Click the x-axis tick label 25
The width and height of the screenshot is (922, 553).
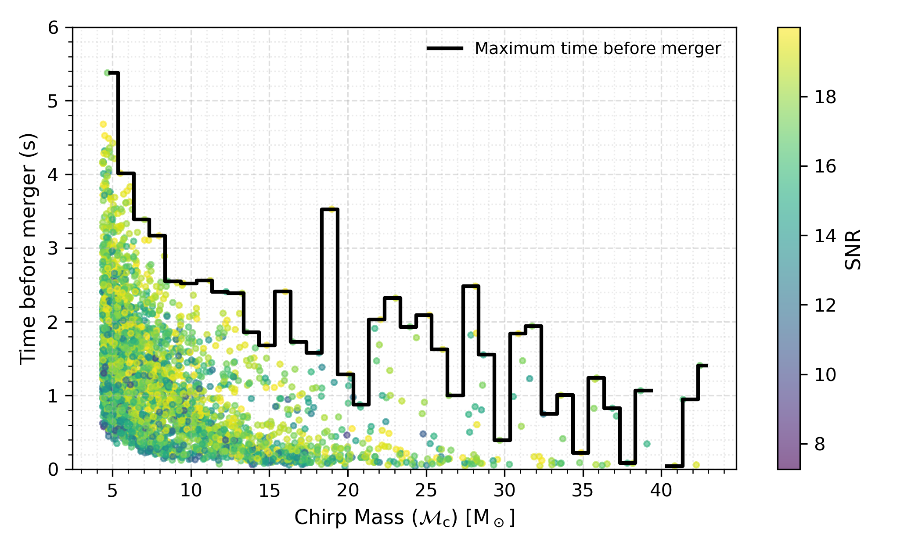[x=426, y=490]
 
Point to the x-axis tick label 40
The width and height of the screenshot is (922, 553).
[x=661, y=490]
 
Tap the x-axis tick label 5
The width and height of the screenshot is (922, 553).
[x=112, y=490]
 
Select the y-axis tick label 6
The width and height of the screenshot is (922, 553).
[x=53, y=28]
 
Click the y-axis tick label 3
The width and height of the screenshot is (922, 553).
[x=53, y=248]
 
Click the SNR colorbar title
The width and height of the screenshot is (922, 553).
[x=853, y=249]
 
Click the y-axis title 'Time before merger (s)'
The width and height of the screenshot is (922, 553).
[x=28, y=249]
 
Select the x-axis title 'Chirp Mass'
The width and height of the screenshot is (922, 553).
[x=404, y=518]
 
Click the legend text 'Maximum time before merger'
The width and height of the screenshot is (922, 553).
[x=598, y=49]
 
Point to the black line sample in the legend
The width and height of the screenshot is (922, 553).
[x=444, y=49]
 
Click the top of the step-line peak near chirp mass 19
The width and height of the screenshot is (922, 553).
[x=330, y=209]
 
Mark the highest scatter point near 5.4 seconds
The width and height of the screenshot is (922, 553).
[x=107, y=73]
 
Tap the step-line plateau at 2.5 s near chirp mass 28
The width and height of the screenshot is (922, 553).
[x=471, y=286]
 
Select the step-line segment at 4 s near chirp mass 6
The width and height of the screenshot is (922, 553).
[x=126, y=173]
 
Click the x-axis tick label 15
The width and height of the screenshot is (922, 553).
[x=269, y=490]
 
